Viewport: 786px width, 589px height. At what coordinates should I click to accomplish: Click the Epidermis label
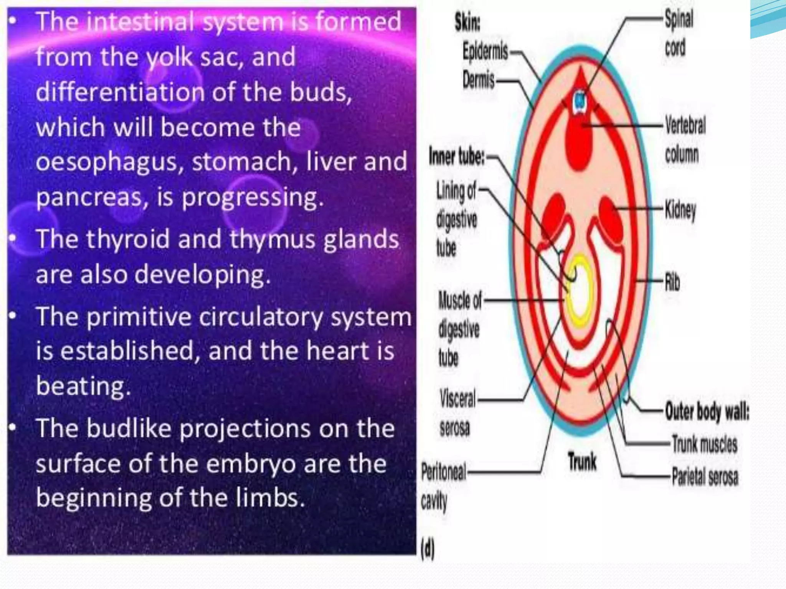click(485, 51)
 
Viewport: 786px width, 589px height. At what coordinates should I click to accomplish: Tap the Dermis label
click(478, 80)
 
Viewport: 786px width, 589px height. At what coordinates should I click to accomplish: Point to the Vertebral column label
click(685, 140)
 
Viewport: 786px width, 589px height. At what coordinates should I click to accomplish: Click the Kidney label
click(680, 210)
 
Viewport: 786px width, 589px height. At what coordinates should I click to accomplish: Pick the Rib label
click(672, 282)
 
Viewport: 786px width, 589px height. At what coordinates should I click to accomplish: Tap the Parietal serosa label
click(705, 477)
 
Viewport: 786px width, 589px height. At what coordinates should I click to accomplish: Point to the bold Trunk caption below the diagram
click(582, 461)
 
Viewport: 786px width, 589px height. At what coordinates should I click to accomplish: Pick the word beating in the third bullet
click(83, 385)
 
